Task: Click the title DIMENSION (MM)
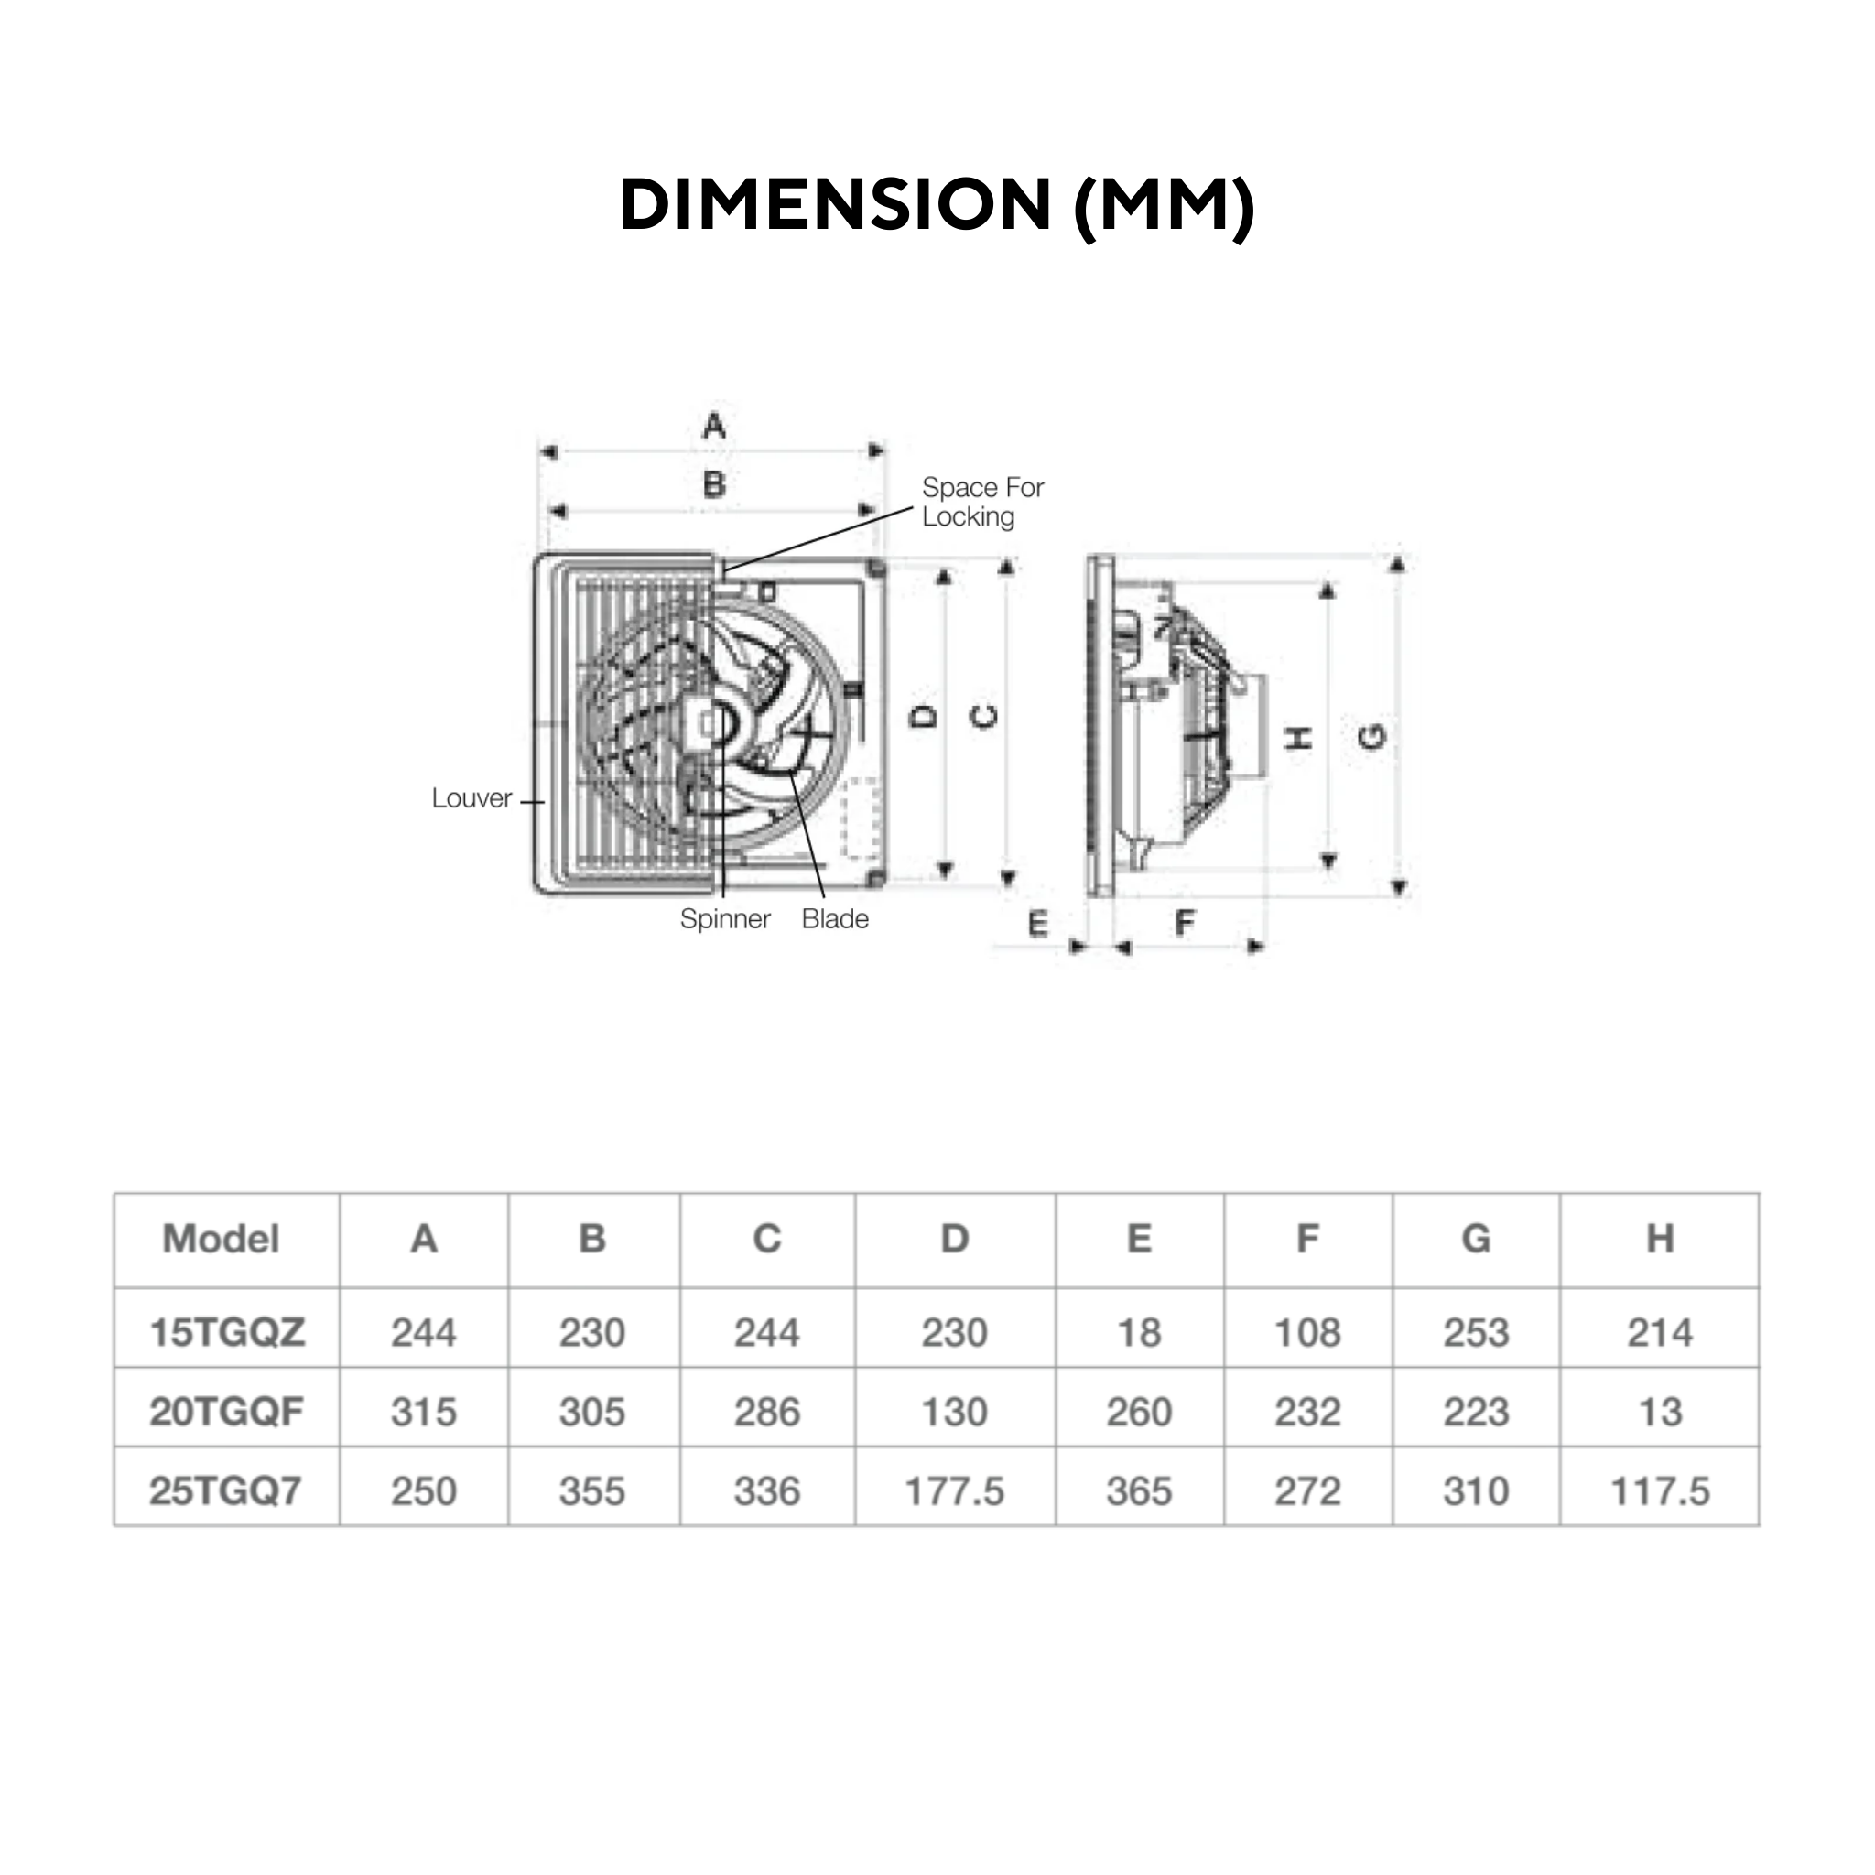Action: click(x=937, y=205)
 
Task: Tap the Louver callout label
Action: click(x=471, y=798)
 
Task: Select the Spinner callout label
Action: click(x=725, y=919)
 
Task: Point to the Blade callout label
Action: click(x=835, y=919)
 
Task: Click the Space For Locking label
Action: click(x=981, y=502)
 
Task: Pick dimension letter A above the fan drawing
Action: click(x=714, y=426)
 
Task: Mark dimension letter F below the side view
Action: click(x=1185, y=922)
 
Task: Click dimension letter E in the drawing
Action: click(x=1037, y=924)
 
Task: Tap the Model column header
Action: click(x=222, y=1240)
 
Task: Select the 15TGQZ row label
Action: click(x=227, y=1332)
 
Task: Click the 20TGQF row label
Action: click(x=227, y=1412)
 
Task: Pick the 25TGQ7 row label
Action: click(x=225, y=1491)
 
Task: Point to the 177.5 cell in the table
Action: click(x=954, y=1491)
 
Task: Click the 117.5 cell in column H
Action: click(x=1660, y=1491)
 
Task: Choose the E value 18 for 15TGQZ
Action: click(x=1139, y=1332)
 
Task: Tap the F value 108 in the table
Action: click(x=1307, y=1332)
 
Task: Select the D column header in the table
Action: click(x=954, y=1240)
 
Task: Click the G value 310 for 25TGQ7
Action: click(x=1475, y=1491)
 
